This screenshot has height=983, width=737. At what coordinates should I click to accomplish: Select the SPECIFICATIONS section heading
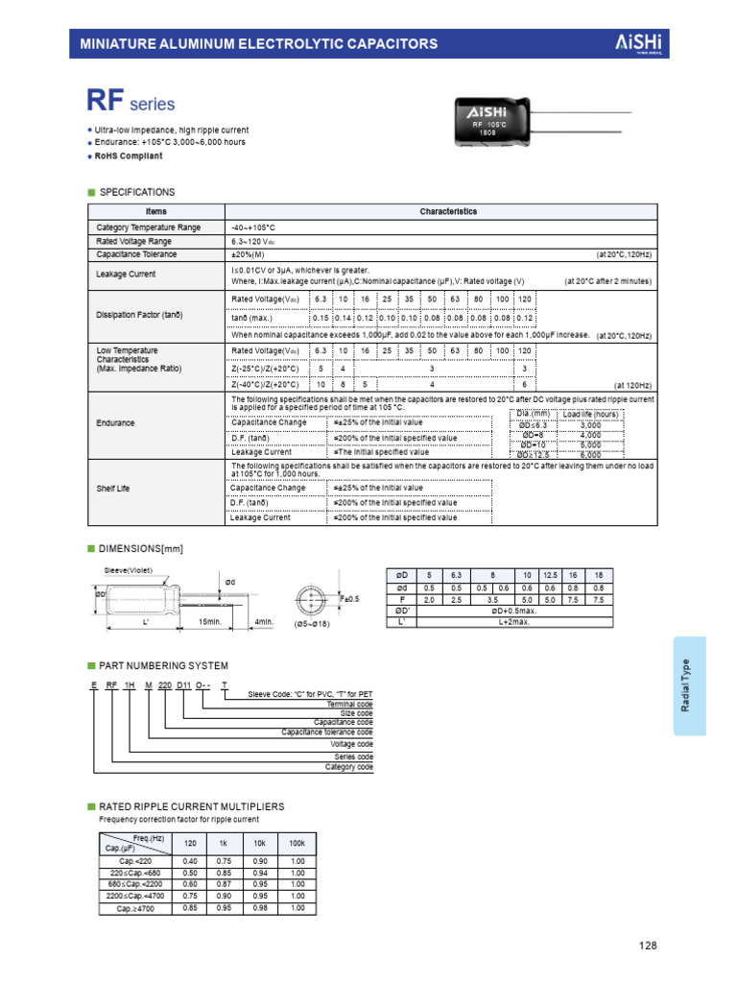coord(137,192)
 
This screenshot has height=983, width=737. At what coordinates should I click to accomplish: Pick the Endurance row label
coord(116,423)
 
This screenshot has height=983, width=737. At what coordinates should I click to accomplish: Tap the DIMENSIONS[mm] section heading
coord(141,548)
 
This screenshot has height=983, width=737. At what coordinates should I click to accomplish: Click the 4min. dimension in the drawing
coord(264,622)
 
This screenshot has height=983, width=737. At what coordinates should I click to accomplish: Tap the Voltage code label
coord(352,743)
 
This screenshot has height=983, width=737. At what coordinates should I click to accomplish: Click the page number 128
coord(649,946)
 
